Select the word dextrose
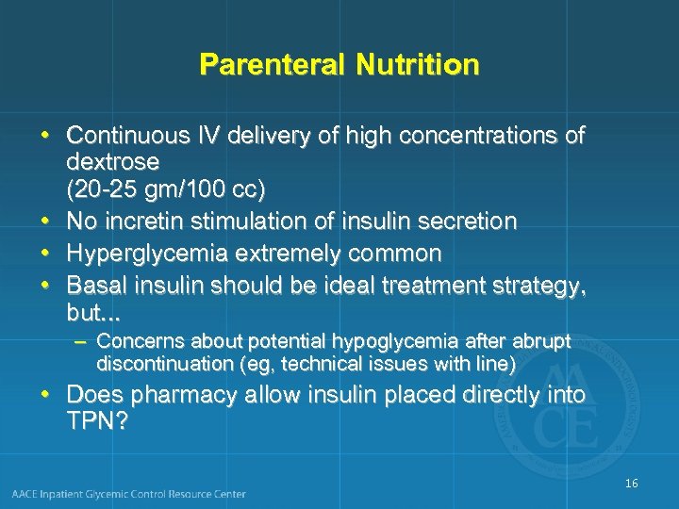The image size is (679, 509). click(112, 162)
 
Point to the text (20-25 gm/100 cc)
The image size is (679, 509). click(166, 189)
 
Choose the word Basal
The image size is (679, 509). click(98, 284)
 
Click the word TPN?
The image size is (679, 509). click(97, 420)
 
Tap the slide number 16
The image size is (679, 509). click(631, 483)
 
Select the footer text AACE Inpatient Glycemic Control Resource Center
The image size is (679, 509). click(129, 493)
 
